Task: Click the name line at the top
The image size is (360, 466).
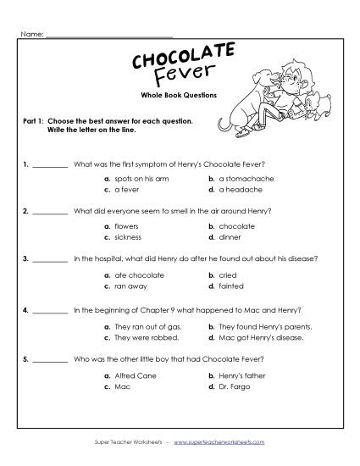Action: [110, 35]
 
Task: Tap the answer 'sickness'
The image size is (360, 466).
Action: [127, 237]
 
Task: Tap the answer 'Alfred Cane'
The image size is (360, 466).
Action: [133, 374]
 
